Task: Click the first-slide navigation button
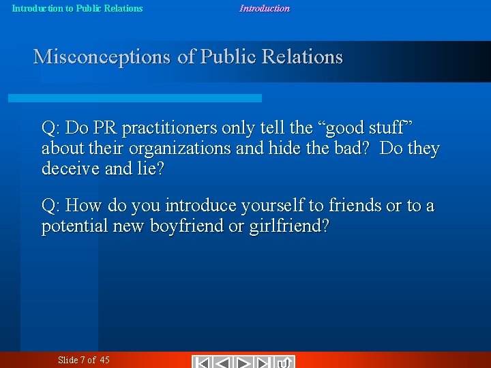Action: tap(202, 362)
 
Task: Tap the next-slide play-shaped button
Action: tap(244, 362)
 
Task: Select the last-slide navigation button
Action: tap(265, 362)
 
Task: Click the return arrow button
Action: tap(286, 362)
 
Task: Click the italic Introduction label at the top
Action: tap(264, 9)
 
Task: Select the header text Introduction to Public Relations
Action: tap(78, 9)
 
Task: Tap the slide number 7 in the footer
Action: tap(83, 360)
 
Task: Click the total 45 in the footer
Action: tap(104, 360)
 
